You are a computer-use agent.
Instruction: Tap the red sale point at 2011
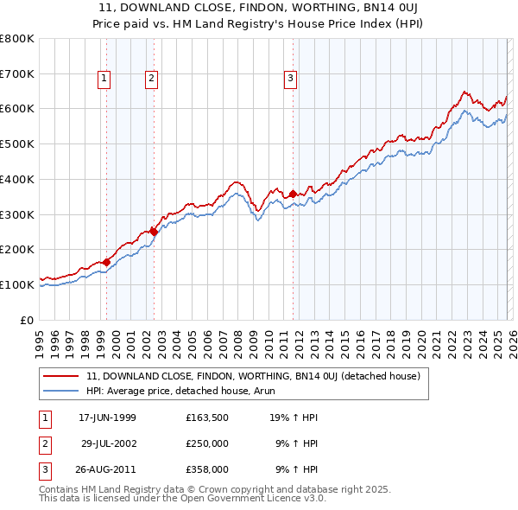tap(294, 194)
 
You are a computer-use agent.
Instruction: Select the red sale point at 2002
tap(154, 232)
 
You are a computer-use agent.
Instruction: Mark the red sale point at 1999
tap(107, 262)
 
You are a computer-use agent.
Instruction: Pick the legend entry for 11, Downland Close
tap(253, 376)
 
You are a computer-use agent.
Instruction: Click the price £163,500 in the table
tap(206, 418)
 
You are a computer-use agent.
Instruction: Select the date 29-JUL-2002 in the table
tap(108, 443)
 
